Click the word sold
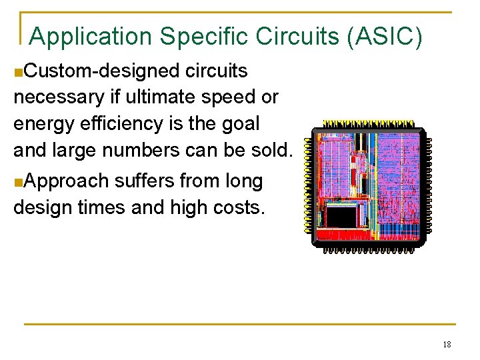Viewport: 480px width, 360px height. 271,151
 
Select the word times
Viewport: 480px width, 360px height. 105,207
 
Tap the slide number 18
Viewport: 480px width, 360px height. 447,344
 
